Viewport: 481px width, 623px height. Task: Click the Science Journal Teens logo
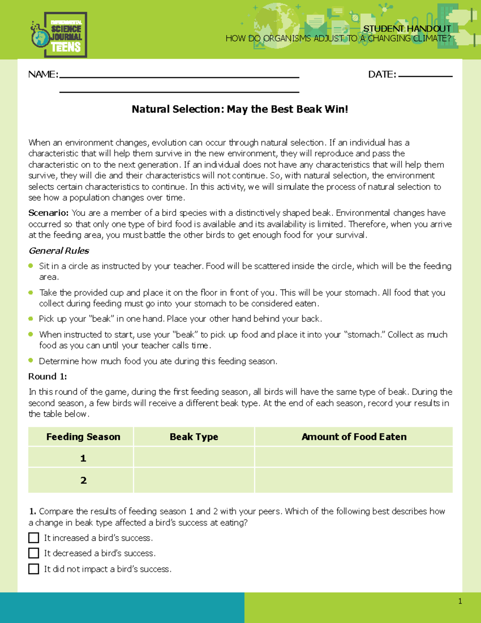click(59, 35)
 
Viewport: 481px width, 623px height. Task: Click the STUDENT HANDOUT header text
click(407, 28)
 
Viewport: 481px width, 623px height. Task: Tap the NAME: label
click(43, 75)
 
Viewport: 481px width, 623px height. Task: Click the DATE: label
click(382, 75)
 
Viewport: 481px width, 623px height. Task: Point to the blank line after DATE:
click(425, 76)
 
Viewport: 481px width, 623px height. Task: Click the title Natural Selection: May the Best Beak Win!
click(240, 109)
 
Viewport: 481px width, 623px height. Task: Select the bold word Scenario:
click(49, 213)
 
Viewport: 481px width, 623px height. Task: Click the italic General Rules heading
click(59, 251)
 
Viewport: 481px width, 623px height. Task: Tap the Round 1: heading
click(47, 377)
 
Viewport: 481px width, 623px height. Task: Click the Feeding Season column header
click(83, 437)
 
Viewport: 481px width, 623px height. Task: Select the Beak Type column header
click(194, 437)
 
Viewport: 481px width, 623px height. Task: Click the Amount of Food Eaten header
click(354, 437)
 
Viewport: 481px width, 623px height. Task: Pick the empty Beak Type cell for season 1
click(194, 458)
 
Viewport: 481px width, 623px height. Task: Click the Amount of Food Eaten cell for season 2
click(354, 480)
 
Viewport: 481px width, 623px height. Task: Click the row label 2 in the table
click(83, 480)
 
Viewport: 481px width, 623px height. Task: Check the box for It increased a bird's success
click(34, 538)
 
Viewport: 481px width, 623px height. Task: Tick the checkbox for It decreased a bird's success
click(34, 553)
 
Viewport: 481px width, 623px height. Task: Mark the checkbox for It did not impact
click(34, 569)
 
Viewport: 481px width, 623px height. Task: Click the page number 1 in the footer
click(460, 601)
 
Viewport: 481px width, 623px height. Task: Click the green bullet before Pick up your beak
click(31, 319)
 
